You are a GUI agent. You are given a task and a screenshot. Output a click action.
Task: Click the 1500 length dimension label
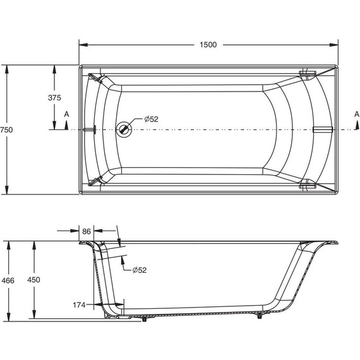tap(208, 44)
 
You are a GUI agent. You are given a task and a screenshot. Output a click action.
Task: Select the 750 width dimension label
tap(6, 129)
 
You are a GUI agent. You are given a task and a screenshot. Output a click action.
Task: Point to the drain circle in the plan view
tap(124, 129)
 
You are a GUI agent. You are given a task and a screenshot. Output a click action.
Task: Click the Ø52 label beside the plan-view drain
tap(150, 119)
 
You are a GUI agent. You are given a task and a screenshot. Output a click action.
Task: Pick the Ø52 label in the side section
tap(140, 270)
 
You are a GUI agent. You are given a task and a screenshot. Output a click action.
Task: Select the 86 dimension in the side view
tap(86, 232)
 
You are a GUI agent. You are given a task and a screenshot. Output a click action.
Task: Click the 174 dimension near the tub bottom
tap(78, 305)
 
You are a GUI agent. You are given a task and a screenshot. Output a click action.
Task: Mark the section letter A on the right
tap(356, 114)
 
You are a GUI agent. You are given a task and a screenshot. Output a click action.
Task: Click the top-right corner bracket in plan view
tap(308, 75)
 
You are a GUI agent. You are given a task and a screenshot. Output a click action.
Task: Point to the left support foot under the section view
tap(147, 318)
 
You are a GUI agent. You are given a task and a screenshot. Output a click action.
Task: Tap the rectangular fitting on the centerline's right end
tap(321, 129)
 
